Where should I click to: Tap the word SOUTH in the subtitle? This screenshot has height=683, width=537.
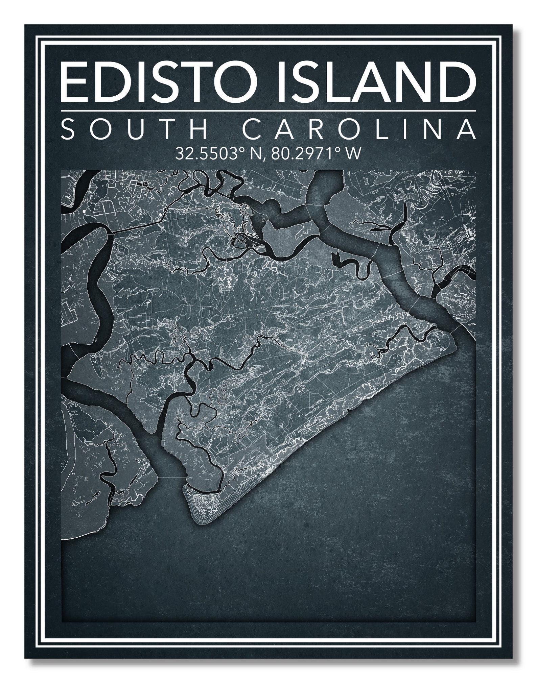[135, 129]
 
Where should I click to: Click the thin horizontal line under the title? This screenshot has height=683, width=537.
[268, 111]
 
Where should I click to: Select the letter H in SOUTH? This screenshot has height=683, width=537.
[200, 129]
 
